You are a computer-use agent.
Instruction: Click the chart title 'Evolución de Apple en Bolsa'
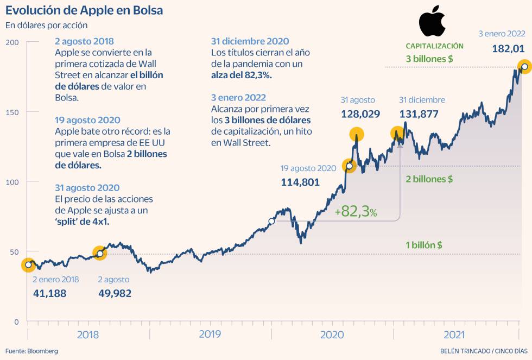pyautogui.click(x=84, y=10)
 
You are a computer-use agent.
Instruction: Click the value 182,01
pyautogui.click(x=508, y=49)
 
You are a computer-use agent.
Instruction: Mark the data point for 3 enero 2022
pyautogui.click(x=524, y=67)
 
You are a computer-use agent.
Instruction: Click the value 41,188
pyautogui.click(x=49, y=293)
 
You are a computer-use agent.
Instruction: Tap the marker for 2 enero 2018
pyautogui.click(x=28, y=265)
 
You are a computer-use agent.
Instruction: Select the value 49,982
pyautogui.click(x=115, y=293)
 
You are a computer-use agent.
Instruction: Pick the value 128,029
pyautogui.click(x=360, y=114)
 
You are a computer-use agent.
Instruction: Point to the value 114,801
pyautogui.click(x=300, y=182)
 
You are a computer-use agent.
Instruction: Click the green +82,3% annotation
pyautogui.click(x=356, y=212)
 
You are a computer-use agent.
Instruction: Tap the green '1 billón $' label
pyautogui.click(x=423, y=245)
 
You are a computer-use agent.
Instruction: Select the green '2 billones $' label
pyautogui.click(x=429, y=179)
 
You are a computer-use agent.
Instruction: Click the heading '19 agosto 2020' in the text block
pyautogui.click(x=88, y=120)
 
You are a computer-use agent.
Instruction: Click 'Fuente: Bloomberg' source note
pyautogui.click(x=31, y=351)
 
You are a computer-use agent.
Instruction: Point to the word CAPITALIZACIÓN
pyautogui.click(x=434, y=46)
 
